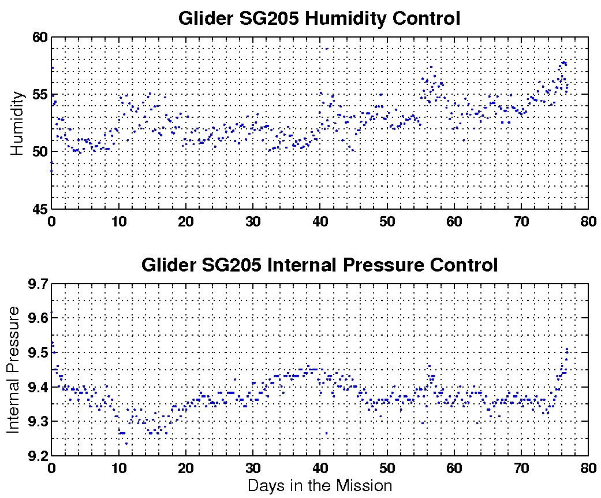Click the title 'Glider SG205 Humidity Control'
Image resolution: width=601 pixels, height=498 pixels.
pos(319,18)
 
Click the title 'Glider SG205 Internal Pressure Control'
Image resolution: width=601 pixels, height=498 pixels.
pos(319,265)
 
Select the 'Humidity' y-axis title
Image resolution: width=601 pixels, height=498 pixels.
pos(18,122)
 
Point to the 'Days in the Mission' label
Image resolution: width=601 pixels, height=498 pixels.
pos(320,485)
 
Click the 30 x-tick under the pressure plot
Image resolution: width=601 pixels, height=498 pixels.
pos(253,467)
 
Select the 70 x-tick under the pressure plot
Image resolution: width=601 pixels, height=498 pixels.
pos(521,467)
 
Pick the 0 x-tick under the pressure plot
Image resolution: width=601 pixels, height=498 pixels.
pos(51,467)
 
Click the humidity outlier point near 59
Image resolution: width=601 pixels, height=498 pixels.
pos(326,49)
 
